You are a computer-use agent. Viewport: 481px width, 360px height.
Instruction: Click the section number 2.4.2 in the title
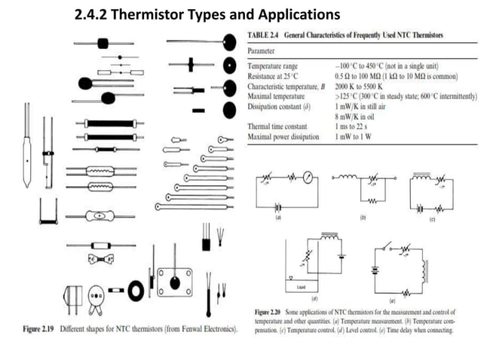(x=96, y=14)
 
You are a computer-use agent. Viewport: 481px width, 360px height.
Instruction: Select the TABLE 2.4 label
(x=265, y=35)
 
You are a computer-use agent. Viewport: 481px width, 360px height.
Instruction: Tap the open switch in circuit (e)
(x=389, y=248)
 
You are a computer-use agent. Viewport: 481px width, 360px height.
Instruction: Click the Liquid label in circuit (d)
(x=300, y=288)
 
